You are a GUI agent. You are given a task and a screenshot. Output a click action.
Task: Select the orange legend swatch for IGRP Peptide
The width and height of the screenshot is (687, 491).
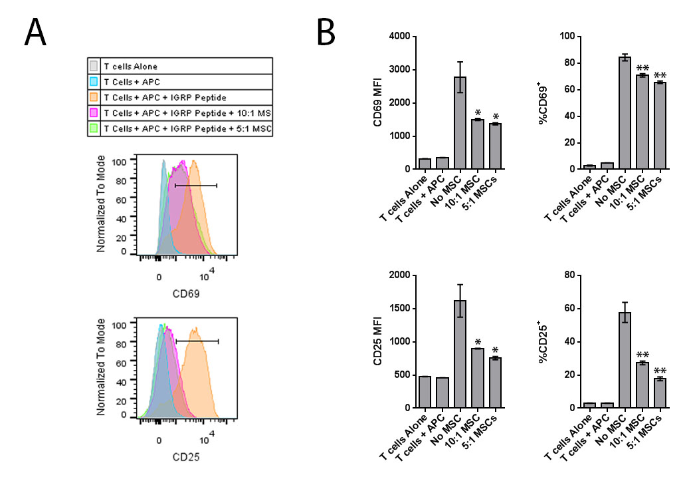[x=94, y=97]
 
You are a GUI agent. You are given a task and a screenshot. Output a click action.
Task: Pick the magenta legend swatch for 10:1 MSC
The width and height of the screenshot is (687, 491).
[x=94, y=112]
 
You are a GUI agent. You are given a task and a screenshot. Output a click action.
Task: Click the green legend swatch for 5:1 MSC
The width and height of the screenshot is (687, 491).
[x=94, y=128]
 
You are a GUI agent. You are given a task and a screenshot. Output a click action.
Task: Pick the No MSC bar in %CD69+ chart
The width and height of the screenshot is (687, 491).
[x=624, y=113]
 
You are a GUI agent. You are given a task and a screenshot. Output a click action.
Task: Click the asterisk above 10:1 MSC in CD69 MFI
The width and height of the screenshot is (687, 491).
[x=477, y=112]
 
